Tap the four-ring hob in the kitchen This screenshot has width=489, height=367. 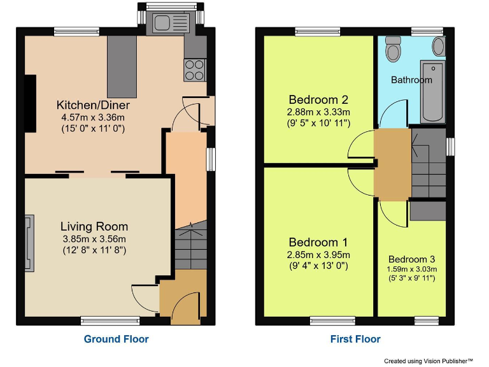(194, 69)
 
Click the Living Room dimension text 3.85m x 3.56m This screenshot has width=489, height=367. (94, 239)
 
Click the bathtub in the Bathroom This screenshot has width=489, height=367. (433, 92)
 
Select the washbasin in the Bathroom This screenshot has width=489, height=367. (438, 46)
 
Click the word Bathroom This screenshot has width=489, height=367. (411, 80)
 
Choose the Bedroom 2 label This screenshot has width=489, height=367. (318, 99)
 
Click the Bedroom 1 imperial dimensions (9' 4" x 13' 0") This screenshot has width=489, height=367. (318, 266)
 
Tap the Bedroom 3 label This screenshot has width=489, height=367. (411, 259)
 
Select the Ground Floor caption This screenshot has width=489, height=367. (116, 339)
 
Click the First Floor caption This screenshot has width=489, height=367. (355, 339)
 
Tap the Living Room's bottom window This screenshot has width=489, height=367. (110, 320)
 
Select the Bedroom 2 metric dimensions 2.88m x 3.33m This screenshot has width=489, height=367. (318, 112)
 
